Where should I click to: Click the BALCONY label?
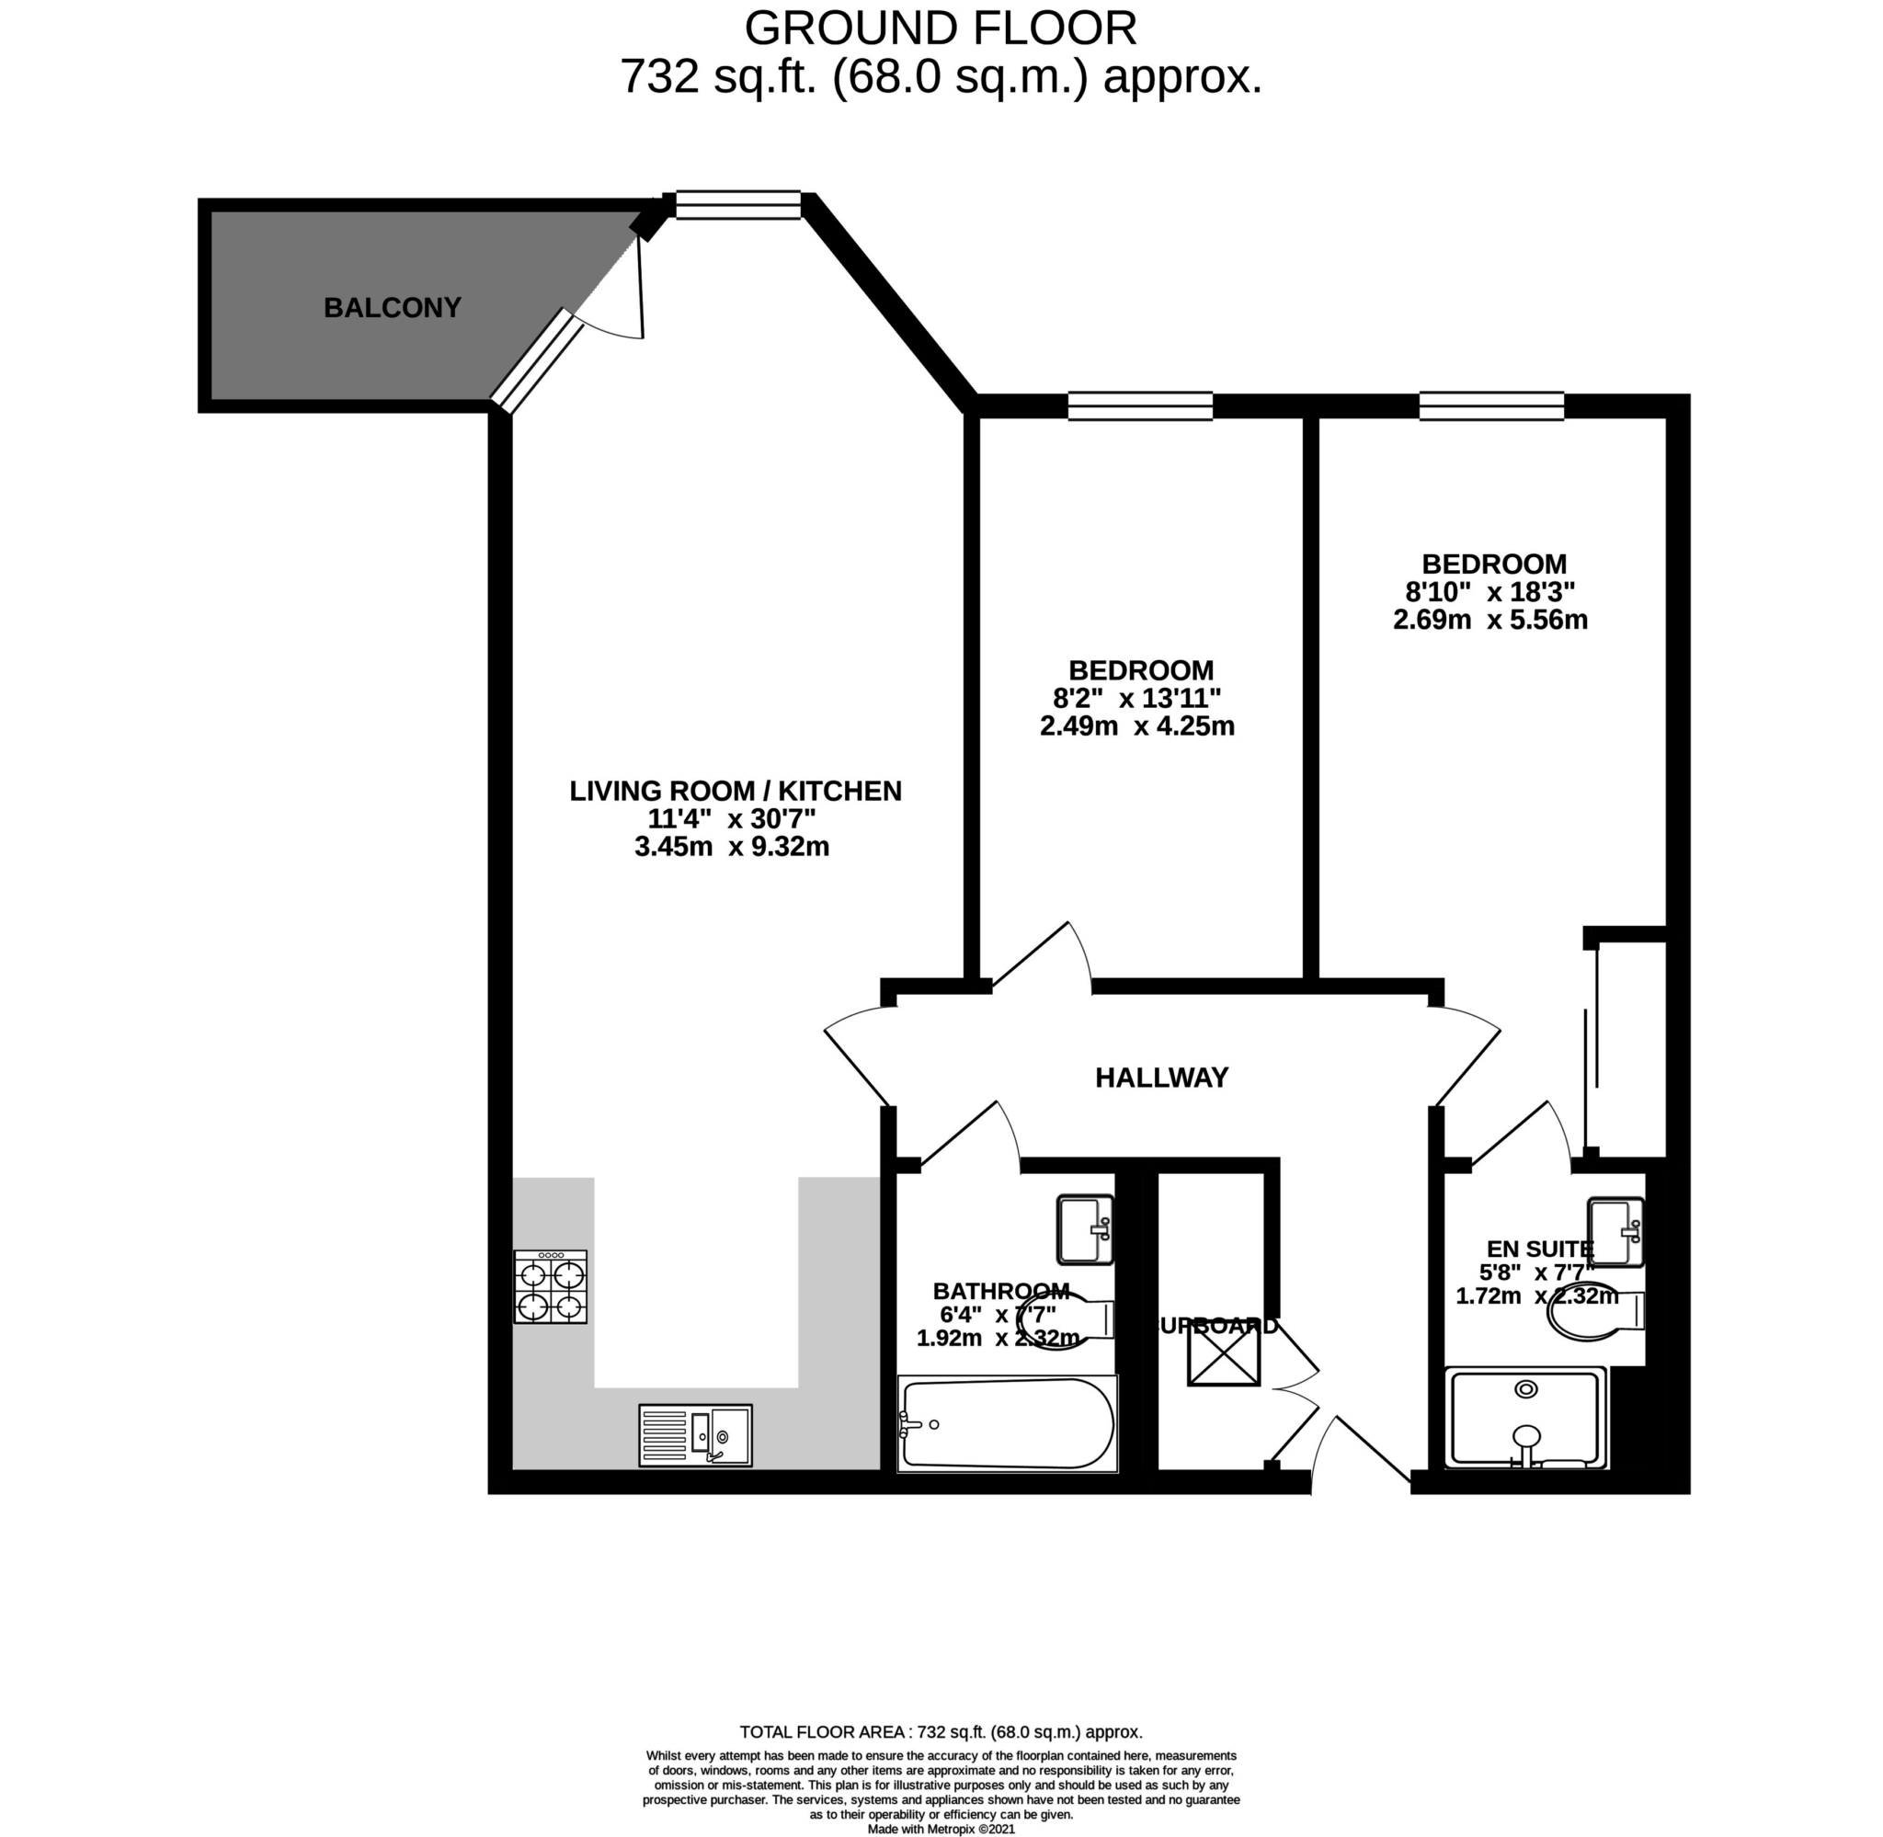pos(392,308)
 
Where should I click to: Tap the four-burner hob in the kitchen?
pos(550,1286)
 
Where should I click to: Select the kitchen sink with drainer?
pos(694,1434)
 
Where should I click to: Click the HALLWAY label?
pos(1160,1078)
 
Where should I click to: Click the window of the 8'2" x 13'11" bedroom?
pos(1139,406)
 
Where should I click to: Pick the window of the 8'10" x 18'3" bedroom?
pos(1490,406)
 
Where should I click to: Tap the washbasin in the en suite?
pos(1615,1231)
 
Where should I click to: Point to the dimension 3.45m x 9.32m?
pos(731,847)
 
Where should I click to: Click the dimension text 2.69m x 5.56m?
pos(1489,620)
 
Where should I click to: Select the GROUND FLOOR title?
pos(940,29)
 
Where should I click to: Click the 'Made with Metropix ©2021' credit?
pos(941,1829)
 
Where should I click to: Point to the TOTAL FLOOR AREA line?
pos(941,1732)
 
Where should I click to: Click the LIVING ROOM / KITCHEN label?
pos(735,791)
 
